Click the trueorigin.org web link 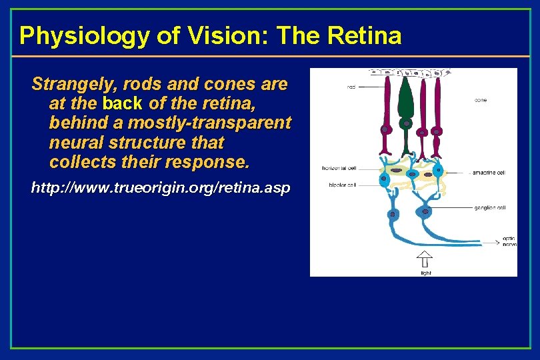[161, 188]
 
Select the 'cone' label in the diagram [480, 100]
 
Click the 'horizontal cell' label [338, 168]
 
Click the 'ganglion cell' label [491, 208]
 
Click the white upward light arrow [425, 259]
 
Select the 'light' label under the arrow [425, 272]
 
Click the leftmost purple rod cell [385, 113]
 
